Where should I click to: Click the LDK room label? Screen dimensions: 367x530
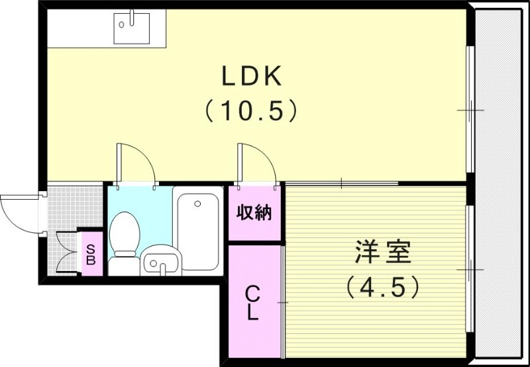pyautogui.click(x=252, y=77)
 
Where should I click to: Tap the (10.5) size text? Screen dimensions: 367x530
pyautogui.click(x=250, y=110)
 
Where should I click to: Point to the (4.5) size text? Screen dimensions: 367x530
pyautogui.click(x=383, y=286)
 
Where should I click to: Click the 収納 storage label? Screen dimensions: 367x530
pyautogui.click(x=254, y=214)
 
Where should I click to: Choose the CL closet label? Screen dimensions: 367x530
pyautogui.click(x=252, y=303)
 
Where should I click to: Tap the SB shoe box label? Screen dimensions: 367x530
pyautogui.click(x=91, y=252)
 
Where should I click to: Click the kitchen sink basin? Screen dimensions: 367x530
pyautogui.click(x=131, y=27)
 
